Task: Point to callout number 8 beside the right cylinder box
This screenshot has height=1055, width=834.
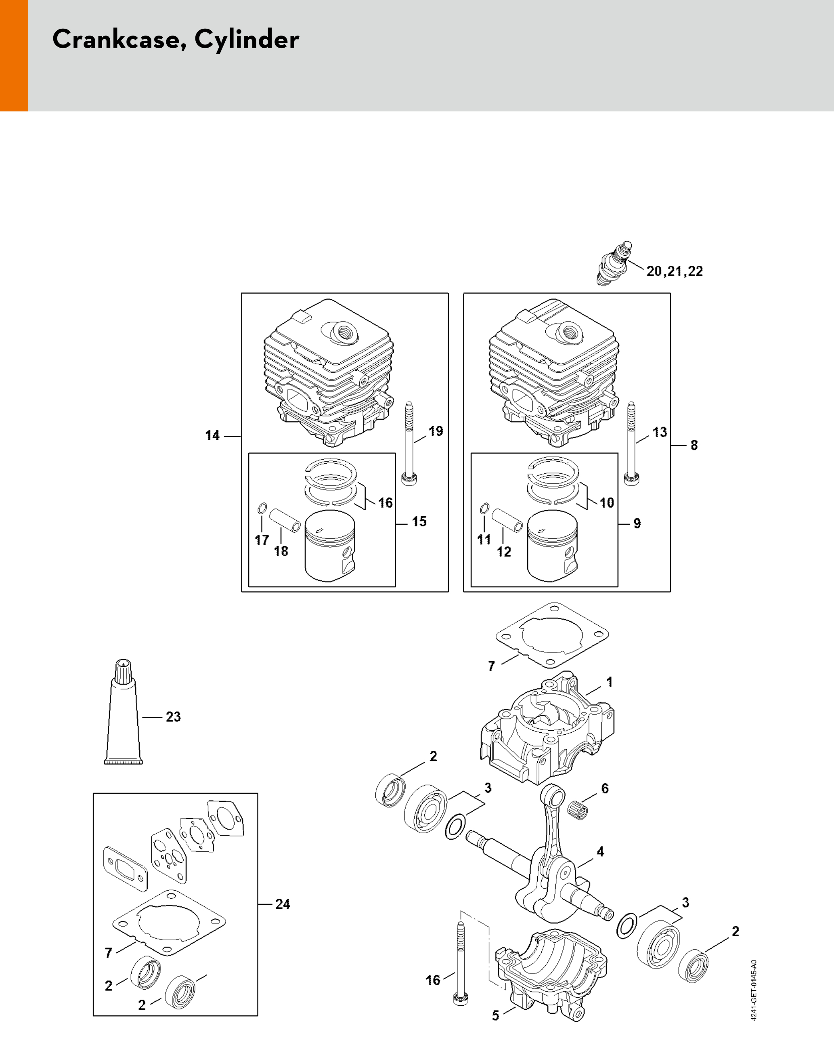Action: click(694, 445)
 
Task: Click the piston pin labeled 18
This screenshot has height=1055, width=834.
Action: click(284, 521)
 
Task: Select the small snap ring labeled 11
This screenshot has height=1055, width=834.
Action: click(484, 509)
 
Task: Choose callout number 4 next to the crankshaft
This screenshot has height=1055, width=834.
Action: click(600, 851)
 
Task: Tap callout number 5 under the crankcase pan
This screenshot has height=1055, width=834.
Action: click(496, 1015)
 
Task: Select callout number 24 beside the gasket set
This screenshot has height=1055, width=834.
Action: click(283, 904)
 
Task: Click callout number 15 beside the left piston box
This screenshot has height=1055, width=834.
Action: click(419, 521)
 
